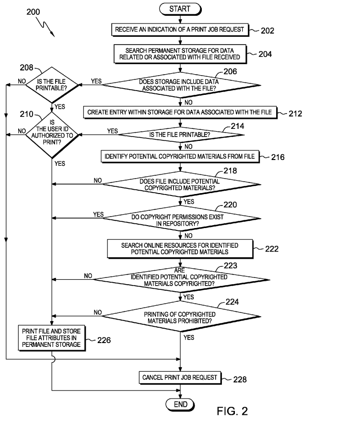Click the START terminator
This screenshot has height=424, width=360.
[180, 9]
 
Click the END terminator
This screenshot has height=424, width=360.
[180, 404]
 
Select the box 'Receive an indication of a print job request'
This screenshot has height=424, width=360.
[180, 30]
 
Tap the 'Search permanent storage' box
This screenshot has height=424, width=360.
[180, 54]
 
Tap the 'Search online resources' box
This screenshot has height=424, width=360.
[180, 248]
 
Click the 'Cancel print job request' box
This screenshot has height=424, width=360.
[180, 378]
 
